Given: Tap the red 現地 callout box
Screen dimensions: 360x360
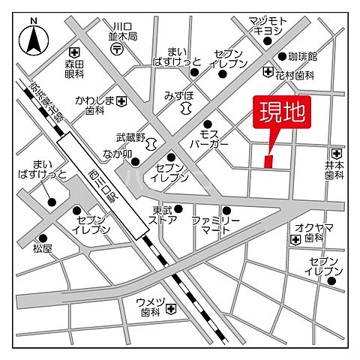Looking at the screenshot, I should coord(281,115).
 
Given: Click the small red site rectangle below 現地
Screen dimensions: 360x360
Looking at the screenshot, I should coord(269,160).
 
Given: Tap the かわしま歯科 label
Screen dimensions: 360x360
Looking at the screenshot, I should coord(94,104).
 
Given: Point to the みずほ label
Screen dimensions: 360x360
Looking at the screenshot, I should coord(178,96).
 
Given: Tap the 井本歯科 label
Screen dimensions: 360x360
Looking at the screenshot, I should coord(334,169).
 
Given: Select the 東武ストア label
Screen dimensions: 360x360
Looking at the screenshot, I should coord(165,215).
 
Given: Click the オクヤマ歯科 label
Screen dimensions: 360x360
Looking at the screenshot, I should coord(313,232).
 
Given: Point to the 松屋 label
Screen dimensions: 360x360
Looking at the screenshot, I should coord(43,246).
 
